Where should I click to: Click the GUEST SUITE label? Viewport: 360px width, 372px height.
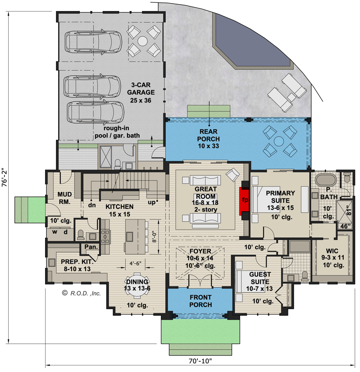(260, 277)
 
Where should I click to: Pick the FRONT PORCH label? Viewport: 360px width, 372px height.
(200, 301)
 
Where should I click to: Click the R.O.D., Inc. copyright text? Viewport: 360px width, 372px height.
(81, 293)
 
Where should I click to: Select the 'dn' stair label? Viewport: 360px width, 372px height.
(92, 204)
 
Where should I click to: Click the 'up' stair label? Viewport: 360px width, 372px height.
(152, 203)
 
